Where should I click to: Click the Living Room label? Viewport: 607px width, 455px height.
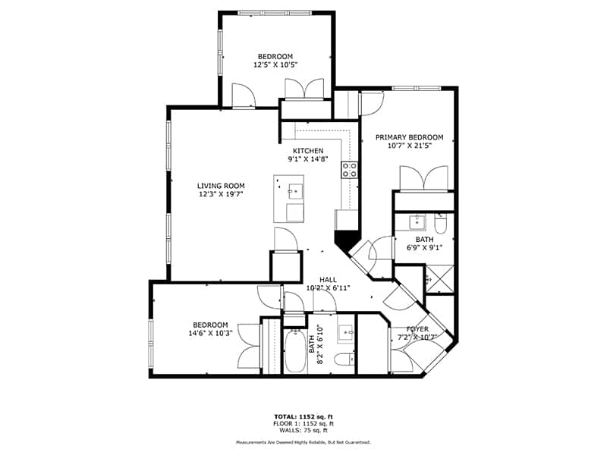pos(221,186)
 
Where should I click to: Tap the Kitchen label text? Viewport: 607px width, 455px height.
pos(308,151)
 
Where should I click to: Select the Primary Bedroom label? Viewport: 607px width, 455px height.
pos(409,137)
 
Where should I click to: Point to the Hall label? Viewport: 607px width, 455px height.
pos(328,280)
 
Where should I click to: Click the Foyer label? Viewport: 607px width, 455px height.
pos(417,329)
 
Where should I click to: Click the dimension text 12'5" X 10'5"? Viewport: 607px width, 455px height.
pos(275,65)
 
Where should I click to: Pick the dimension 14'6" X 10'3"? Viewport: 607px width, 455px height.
pos(210,333)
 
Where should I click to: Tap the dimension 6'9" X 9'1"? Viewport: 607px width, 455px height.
pos(424,248)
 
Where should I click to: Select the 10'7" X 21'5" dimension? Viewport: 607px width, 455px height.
pos(409,146)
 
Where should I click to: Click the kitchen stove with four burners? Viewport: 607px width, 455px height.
pos(349,170)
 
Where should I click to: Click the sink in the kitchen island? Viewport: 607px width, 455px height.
pos(295,192)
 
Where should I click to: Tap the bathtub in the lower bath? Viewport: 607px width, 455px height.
pos(296,351)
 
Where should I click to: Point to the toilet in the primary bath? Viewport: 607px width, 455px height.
pos(441,223)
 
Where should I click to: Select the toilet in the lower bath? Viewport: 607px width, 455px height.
pos(344,359)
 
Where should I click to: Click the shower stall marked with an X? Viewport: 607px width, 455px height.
pos(439,279)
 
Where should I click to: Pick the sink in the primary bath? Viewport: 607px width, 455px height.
pos(416,222)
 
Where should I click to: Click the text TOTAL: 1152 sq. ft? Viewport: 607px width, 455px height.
pos(303,416)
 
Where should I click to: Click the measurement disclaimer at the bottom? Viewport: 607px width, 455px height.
pos(303,442)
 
